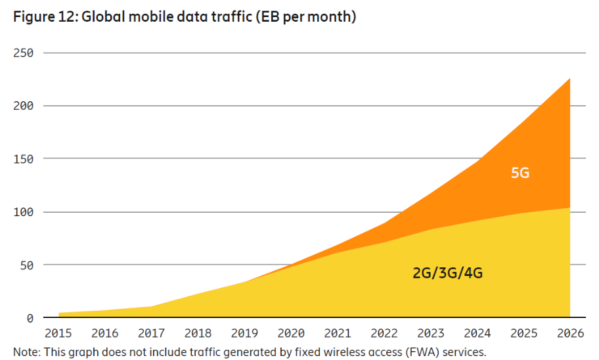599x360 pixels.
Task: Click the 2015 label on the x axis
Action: [x=58, y=334]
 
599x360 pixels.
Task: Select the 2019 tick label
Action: [x=244, y=334]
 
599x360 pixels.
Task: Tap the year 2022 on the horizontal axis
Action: [x=384, y=334]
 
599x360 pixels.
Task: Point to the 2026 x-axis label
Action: [x=569, y=334]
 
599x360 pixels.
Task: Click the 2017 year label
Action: [x=151, y=334]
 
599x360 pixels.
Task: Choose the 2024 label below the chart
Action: [x=476, y=334]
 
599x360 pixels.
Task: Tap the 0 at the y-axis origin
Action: [x=30, y=319]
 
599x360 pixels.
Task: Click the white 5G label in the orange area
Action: [x=520, y=174]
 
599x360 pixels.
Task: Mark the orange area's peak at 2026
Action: [x=569, y=79]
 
